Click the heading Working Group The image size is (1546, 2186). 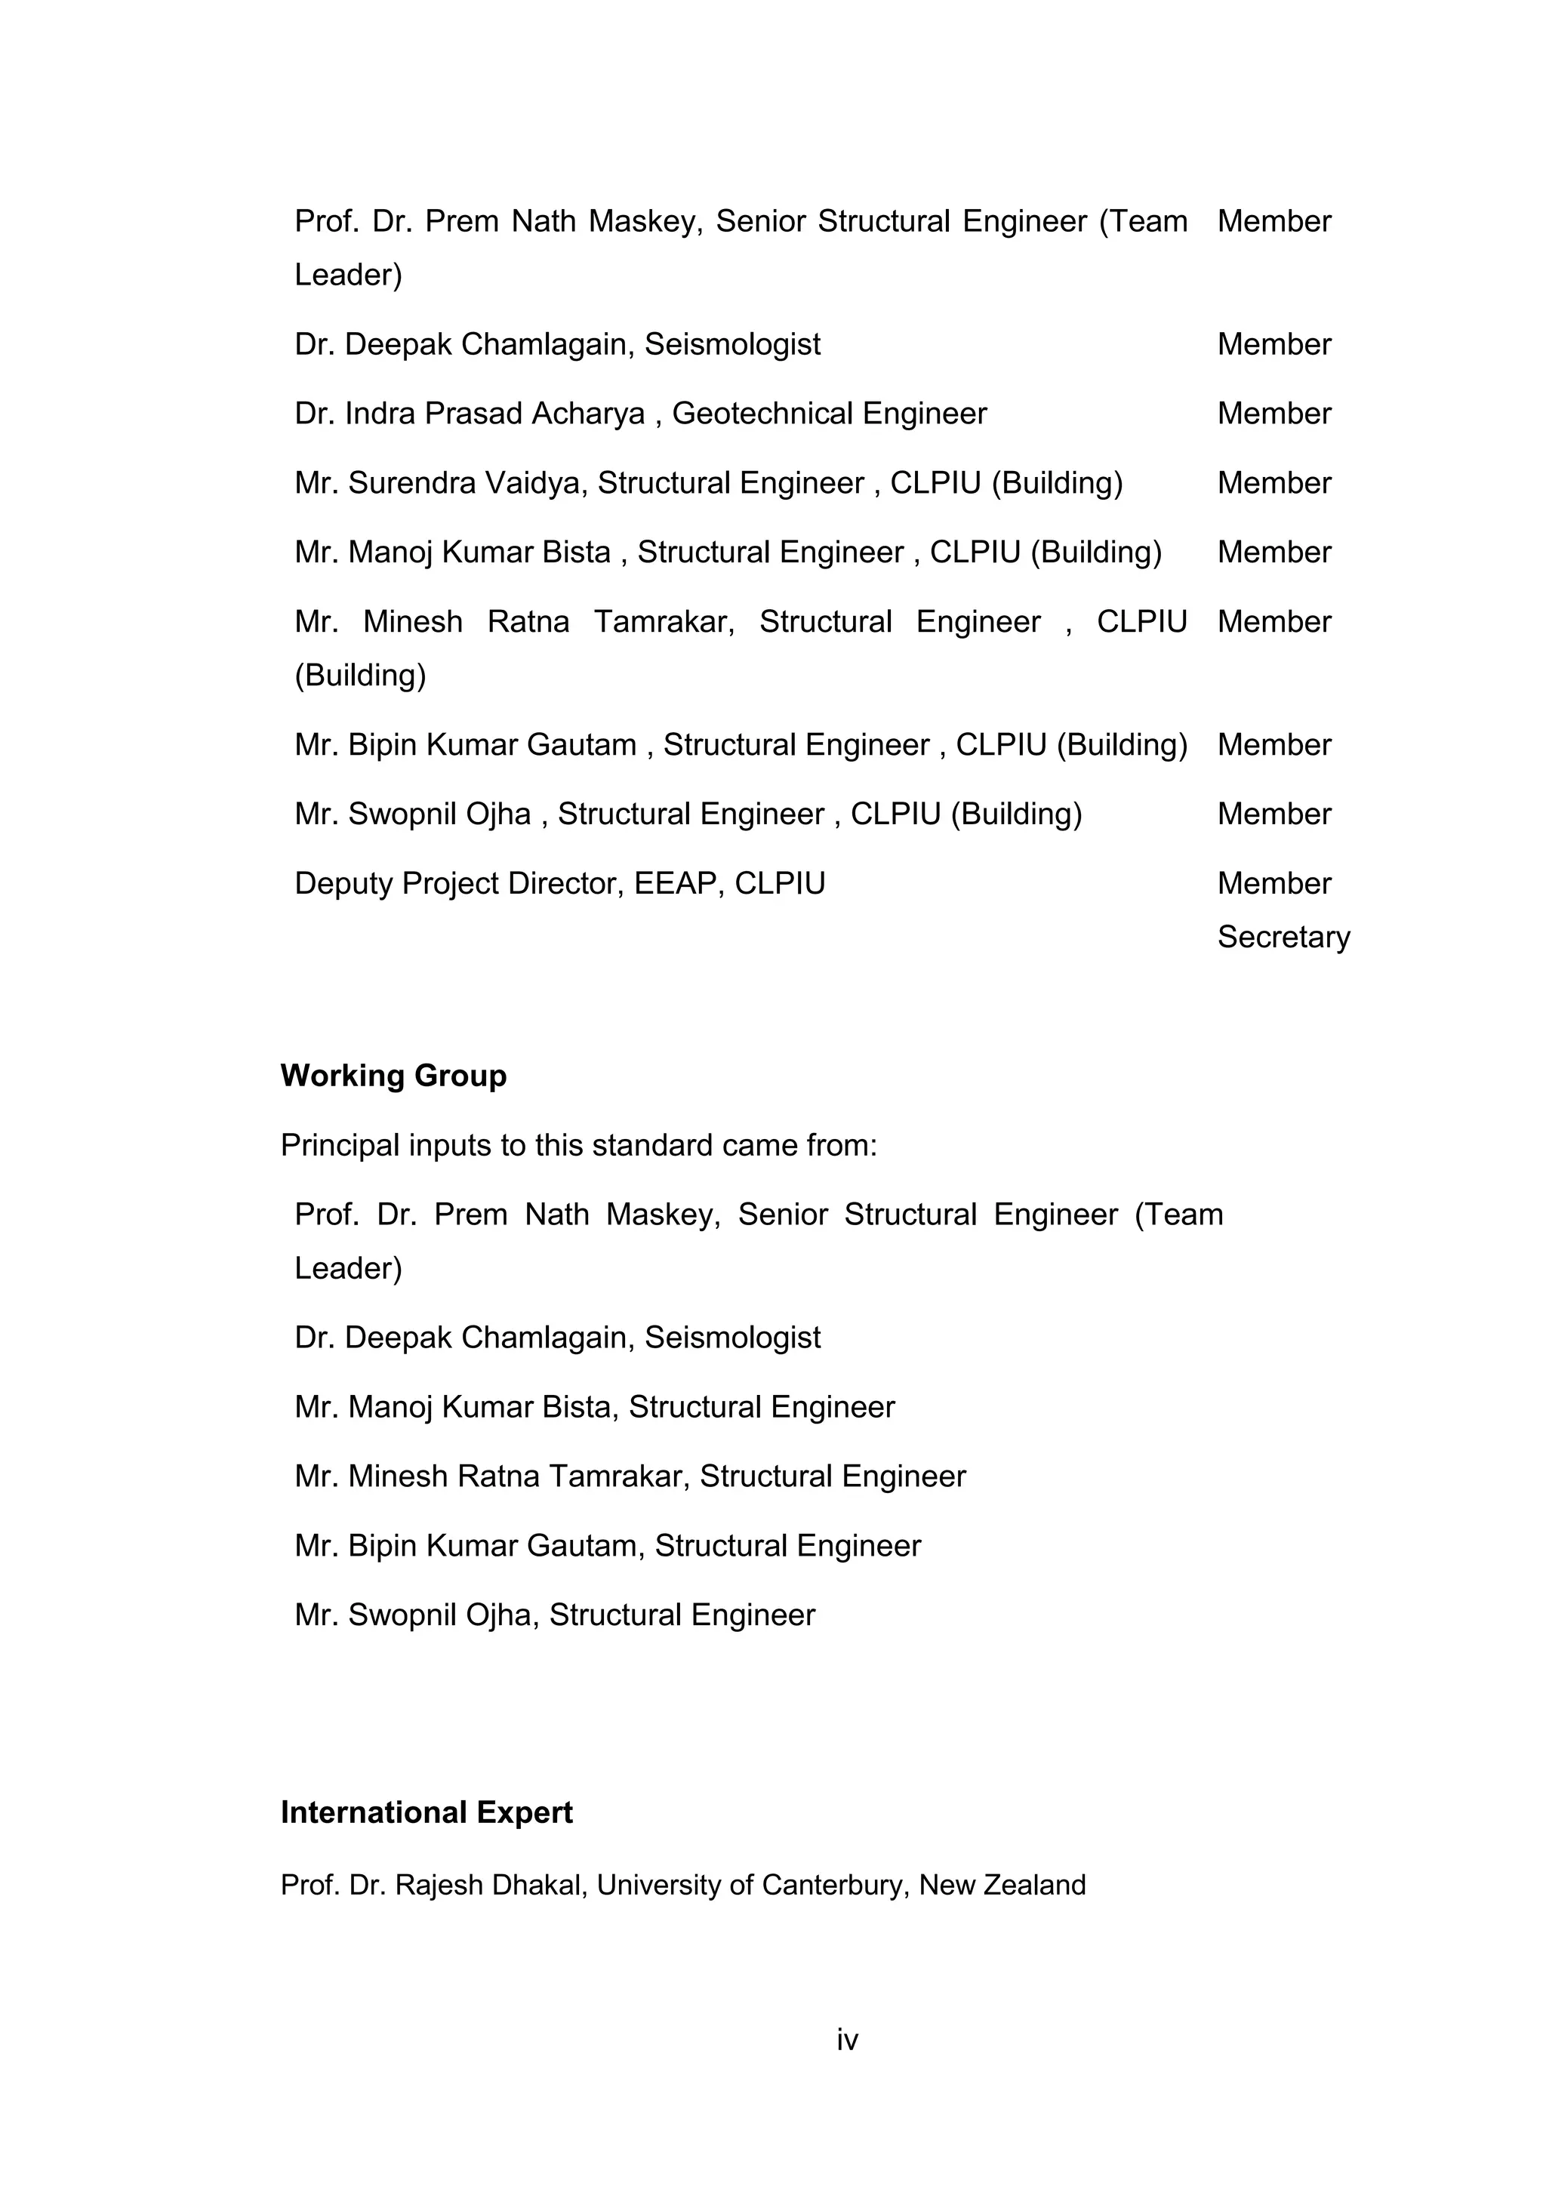(393, 1076)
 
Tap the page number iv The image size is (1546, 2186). (847, 2040)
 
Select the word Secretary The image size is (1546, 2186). (1283, 937)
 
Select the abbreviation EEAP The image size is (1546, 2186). (674, 884)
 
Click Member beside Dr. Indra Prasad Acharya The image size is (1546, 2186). (1273, 414)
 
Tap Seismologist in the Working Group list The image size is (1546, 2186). (732, 1338)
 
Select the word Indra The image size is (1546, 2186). (380, 414)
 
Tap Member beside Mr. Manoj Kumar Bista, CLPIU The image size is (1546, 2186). (1273, 553)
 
